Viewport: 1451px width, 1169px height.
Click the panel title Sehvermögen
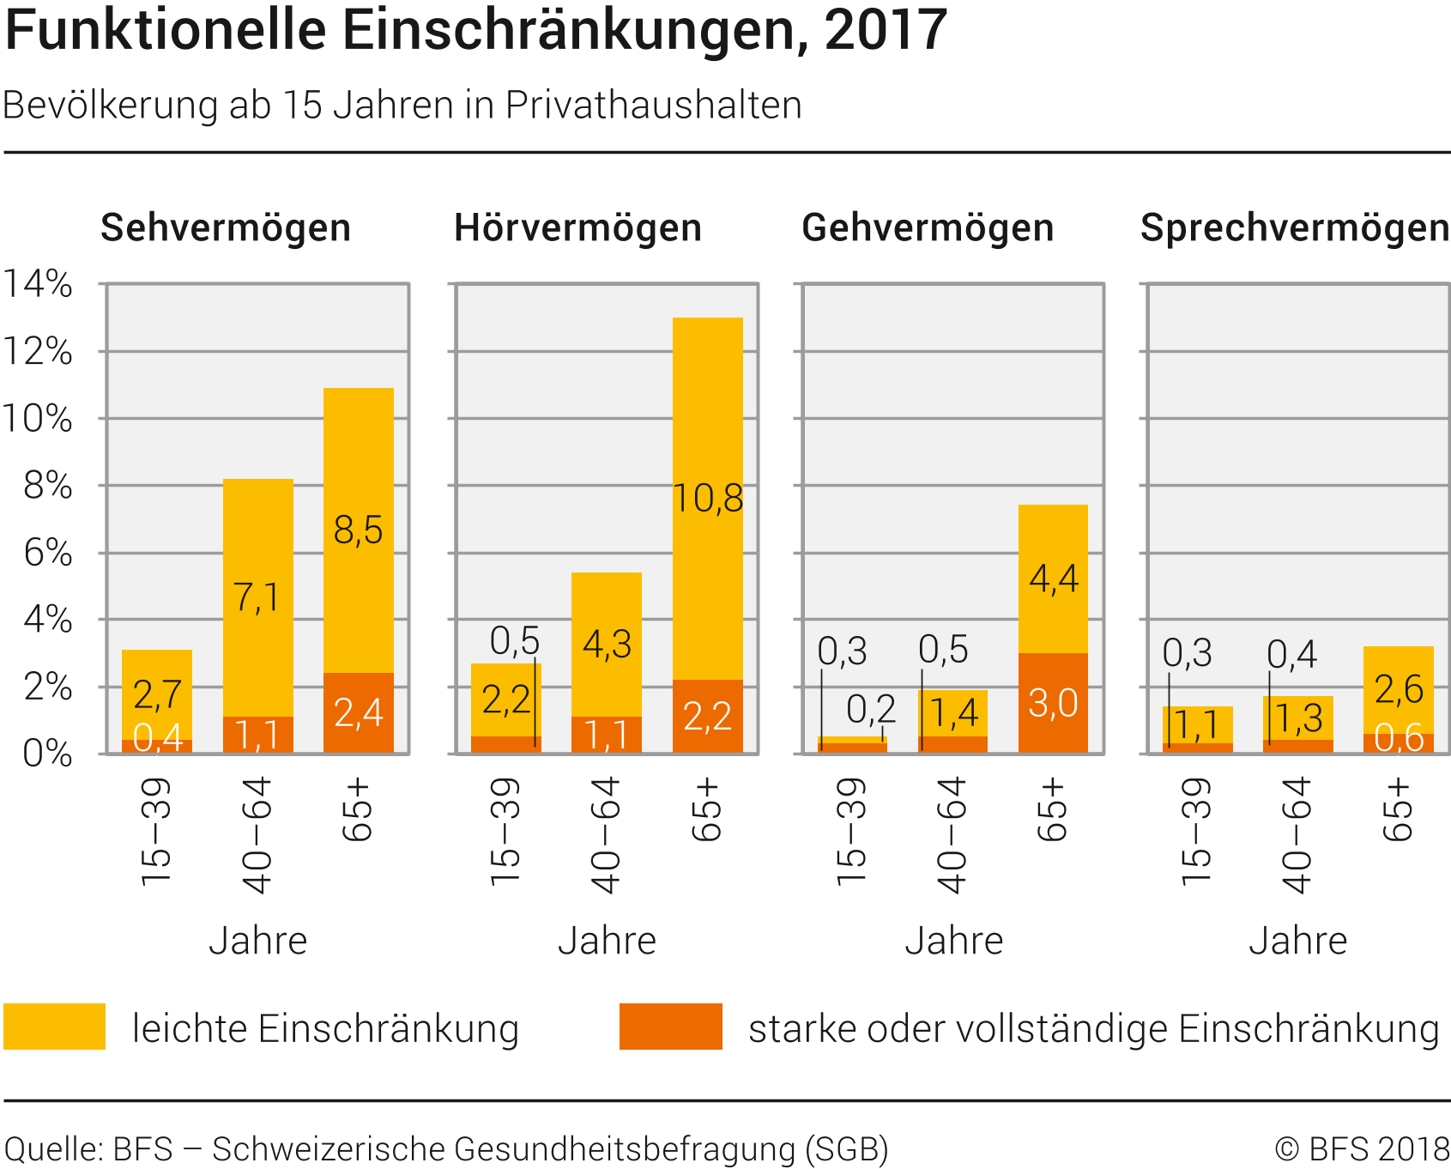pos(226,228)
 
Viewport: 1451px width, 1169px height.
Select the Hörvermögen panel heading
pos(577,228)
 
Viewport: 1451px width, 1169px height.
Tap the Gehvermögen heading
pos(928,228)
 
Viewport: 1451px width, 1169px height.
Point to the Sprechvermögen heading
pos(1294,228)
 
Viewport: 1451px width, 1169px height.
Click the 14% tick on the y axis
pos(39,283)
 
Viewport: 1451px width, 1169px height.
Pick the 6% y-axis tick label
pos(48,553)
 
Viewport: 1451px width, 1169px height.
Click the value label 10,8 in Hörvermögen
pos(708,499)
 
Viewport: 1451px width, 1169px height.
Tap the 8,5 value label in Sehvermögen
pos(358,530)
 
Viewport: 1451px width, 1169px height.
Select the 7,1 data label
pos(257,597)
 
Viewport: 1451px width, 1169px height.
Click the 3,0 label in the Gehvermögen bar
pos(1053,704)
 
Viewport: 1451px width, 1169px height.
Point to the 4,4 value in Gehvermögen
pos(1054,579)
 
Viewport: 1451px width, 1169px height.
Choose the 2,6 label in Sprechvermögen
pos(1399,689)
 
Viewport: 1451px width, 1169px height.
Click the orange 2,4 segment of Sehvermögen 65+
pos(358,713)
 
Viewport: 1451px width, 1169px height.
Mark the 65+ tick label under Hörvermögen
pos(708,810)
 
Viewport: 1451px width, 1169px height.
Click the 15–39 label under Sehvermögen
pos(156,831)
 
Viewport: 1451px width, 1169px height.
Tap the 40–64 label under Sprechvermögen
pos(1297,834)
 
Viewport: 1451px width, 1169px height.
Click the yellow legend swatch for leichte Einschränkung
pos(54,1027)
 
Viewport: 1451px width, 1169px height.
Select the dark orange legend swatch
pos(670,1027)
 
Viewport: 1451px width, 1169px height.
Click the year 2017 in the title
pos(886,31)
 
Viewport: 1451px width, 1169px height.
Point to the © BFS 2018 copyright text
pos(1362,1148)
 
